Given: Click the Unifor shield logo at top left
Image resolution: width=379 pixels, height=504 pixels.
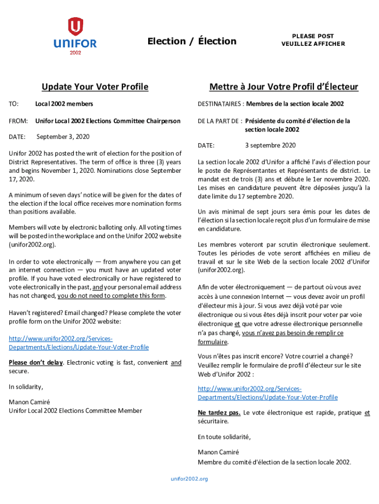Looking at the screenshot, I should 75,27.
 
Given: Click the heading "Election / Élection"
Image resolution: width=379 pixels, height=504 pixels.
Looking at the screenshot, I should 192,41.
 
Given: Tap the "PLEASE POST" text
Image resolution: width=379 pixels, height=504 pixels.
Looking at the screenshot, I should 313,36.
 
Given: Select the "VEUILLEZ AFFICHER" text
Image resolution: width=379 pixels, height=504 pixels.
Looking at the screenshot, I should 313,44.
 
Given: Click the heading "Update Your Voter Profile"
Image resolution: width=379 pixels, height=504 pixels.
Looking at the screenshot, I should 95,87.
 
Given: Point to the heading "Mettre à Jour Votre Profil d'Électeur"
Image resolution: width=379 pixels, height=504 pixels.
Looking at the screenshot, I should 284,87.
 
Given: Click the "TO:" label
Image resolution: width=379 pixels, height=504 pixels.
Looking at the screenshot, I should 14,104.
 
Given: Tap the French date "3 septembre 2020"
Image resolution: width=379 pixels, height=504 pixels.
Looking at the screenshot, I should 270,146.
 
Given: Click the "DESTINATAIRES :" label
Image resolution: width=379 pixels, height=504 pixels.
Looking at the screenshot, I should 221,104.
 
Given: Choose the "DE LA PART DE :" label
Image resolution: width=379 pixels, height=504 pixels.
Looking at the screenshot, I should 220,121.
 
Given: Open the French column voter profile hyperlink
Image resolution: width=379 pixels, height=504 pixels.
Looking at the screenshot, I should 268,393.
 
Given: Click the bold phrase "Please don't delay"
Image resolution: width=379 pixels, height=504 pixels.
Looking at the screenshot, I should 36,363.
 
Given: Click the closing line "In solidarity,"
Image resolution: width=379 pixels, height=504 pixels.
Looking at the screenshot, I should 26,387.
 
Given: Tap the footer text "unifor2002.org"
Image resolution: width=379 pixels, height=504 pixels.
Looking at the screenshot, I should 189,479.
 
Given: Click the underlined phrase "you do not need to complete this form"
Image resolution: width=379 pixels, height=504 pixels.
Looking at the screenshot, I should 112,296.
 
